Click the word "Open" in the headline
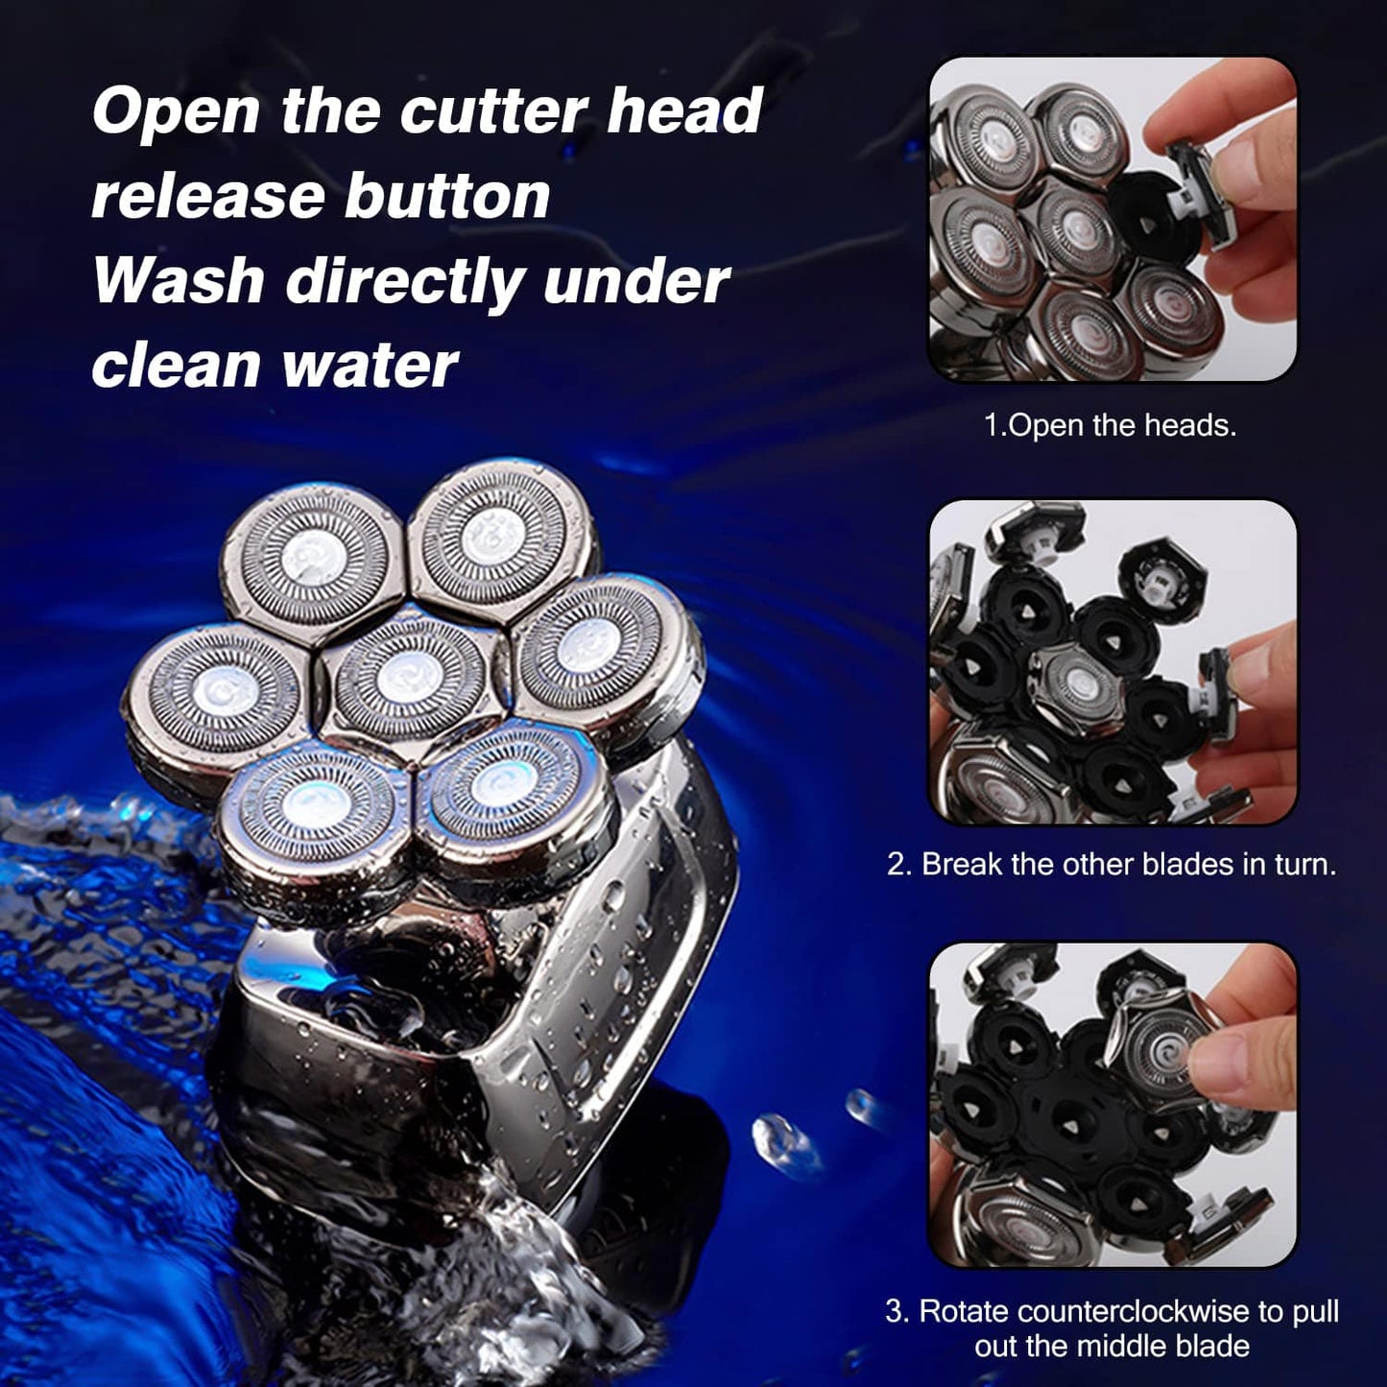tap(176, 111)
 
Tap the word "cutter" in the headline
tap(493, 111)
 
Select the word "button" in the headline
tap(447, 196)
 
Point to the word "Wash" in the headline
tap(179, 280)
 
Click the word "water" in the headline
tap(370, 365)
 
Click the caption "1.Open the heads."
tap(1110, 425)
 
